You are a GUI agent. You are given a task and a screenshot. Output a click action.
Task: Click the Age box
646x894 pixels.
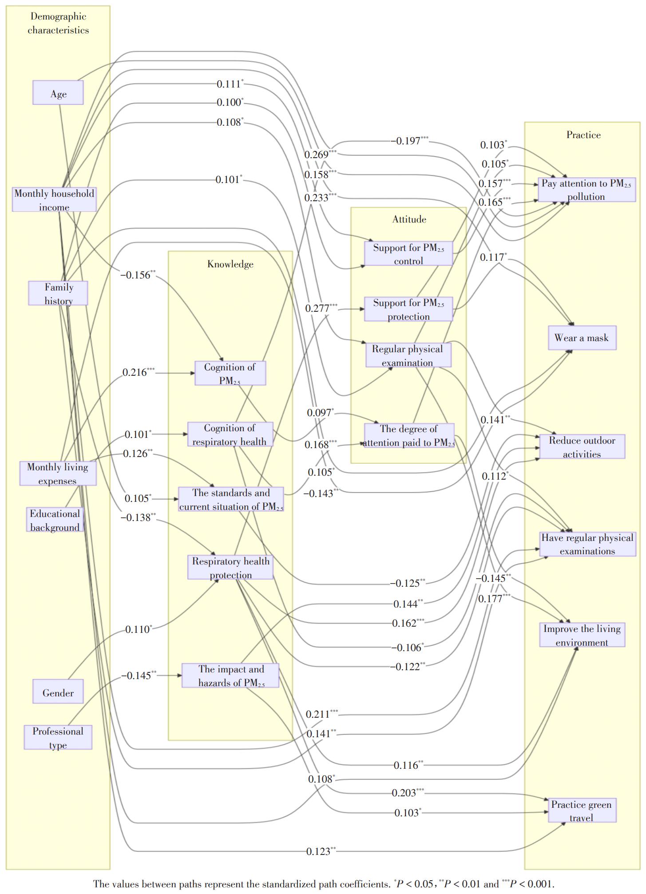pyautogui.click(x=58, y=93)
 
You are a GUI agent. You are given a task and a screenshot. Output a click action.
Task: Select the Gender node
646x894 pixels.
pyautogui.click(x=58, y=691)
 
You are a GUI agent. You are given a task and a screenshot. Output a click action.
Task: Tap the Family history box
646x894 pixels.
pyautogui.click(x=58, y=293)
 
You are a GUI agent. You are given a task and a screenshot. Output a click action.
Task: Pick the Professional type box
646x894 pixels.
pyautogui.click(x=58, y=737)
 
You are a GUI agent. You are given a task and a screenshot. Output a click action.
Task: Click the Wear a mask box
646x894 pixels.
pyautogui.click(x=582, y=338)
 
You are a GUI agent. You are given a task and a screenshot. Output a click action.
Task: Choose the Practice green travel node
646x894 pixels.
pyautogui.click(x=581, y=811)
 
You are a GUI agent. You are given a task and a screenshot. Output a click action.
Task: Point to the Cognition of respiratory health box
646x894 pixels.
pyautogui.click(x=230, y=434)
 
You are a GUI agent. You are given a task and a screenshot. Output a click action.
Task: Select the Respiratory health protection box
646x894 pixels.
pyautogui.click(x=230, y=568)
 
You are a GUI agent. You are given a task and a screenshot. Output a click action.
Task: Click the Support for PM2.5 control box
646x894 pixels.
pyautogui.click(x=408, y=254)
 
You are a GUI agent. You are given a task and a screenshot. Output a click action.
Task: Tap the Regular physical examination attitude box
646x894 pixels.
pyautogui.click(x=408, y=355)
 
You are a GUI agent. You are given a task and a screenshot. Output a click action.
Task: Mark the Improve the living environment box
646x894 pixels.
pyautogui.click(x=582, y=635)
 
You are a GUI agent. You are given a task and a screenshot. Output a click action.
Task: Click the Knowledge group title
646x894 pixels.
pyautogui.click(x=230, y=264)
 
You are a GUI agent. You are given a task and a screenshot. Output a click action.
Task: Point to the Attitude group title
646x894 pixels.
pyautogui.click(x=409, y=219)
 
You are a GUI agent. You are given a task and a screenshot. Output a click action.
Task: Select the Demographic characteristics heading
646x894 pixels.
pyautogui.click(x=58, y=23)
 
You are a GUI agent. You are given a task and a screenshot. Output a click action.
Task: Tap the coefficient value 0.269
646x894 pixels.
pyautogui.click(x=317, y=155)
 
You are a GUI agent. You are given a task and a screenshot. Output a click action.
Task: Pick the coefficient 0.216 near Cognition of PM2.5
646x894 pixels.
pyautogui.click(x=135, y=373)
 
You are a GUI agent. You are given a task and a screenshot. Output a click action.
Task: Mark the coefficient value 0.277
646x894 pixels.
pyautogui.click(x=317, y=308)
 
